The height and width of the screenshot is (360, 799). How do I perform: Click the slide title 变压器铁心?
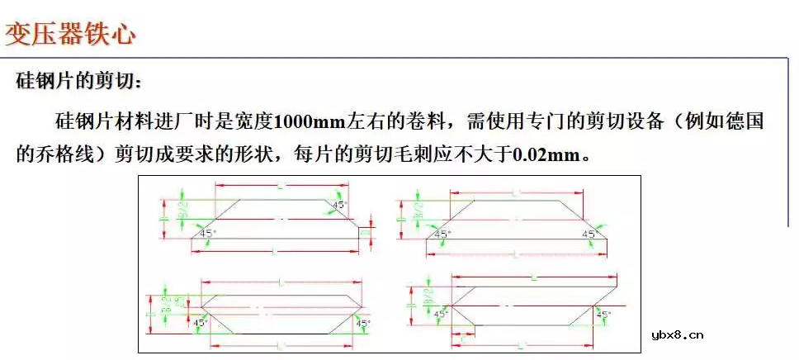(71, 35)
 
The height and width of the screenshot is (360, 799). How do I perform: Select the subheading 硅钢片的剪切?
(79, 83)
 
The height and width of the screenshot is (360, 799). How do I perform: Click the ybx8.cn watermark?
(677, 334)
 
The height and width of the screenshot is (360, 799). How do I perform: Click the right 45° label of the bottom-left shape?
(362, 323)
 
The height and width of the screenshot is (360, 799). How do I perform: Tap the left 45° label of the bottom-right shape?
(440, 314)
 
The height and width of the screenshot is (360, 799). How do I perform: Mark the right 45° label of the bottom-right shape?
(603, 314)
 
